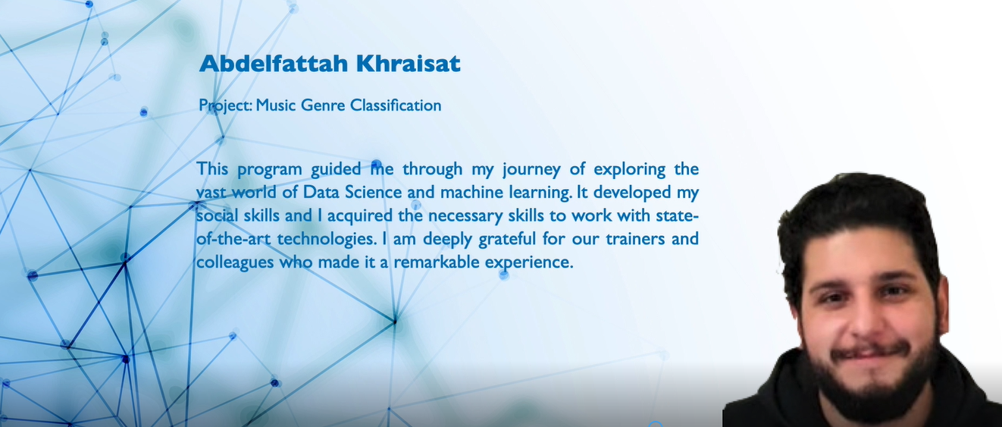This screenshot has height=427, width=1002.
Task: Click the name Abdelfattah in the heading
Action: pos(274,63)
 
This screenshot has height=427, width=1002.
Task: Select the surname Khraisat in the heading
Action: pos(409,63)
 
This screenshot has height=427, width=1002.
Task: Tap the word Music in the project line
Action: pos(276,105)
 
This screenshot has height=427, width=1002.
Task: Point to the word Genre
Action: pos(323,105)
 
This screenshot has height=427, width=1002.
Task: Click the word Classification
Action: pos(396,105)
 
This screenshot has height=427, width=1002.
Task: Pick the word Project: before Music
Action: pos(225,105)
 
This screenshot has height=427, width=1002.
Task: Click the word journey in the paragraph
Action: pos(531,170)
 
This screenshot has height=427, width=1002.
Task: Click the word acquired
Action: pos(360,216)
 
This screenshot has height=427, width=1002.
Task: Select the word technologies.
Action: pos(327,239)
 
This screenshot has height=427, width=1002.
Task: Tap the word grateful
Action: pos(507,239)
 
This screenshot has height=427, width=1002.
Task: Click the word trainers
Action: pos(636,239)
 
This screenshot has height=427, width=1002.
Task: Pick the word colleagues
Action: pos(235,262)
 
